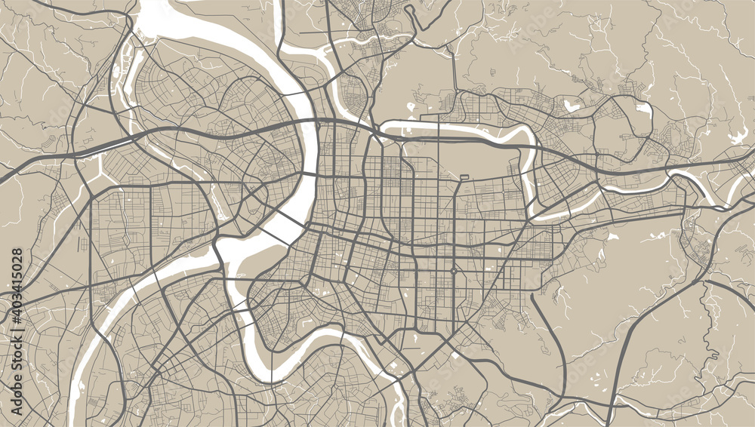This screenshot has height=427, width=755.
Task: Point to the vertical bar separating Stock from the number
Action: point(17,329)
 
